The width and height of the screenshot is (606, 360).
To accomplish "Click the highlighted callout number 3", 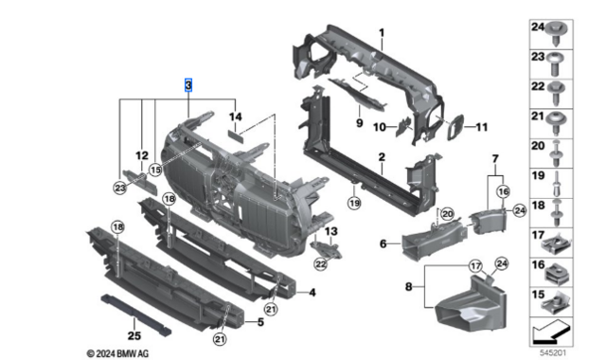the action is click(x=188, y=85).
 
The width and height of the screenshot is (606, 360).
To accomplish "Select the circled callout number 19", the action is click(x=354, y=202).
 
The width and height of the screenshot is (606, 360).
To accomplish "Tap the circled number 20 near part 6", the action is click(x=447, y=213).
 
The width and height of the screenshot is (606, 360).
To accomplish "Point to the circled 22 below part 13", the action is click(x=321, y=264).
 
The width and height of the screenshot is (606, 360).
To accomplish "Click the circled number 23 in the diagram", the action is click(x=120, y=188).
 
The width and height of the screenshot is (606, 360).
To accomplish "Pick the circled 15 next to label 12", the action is click(x=155, y=170).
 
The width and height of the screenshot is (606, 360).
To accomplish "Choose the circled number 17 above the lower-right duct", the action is click(x=475, y=266).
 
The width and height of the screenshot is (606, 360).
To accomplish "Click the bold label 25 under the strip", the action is click(x=134, y=335).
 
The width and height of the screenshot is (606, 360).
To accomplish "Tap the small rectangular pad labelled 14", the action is click(x=236, y=136).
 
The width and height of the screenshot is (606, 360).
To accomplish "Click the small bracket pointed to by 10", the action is click(x=402, y=127).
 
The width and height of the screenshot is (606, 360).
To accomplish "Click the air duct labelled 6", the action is click(x=433, y=240).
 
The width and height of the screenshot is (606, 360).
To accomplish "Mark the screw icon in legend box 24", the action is click(x=556, y=34).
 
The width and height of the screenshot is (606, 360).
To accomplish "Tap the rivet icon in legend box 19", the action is click(x=557, y=183).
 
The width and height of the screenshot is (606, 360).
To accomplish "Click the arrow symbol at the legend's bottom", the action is click(x=551, y=333).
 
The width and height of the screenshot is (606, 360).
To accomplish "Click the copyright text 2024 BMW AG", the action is click(x=117, y=353).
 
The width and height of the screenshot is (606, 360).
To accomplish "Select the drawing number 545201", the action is click(x=553, y=352).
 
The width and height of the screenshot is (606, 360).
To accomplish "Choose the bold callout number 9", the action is click(x=360, y=123).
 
